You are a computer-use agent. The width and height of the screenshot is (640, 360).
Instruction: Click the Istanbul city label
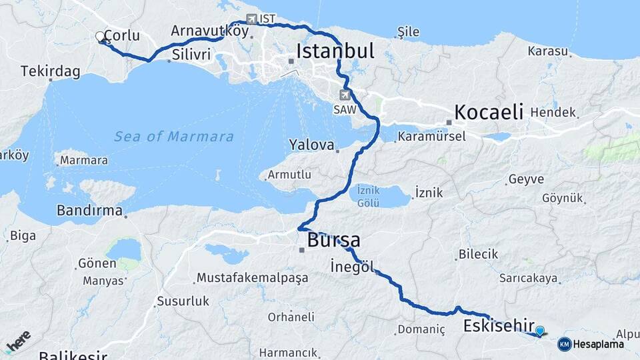point(335,51)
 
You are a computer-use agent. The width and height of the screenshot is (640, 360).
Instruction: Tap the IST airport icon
point(251,19)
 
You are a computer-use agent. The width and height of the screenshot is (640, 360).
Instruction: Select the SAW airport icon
point(345,95)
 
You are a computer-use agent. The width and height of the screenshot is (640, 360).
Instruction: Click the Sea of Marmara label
point(173,137)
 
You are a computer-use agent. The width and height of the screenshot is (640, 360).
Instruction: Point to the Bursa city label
point(333,240)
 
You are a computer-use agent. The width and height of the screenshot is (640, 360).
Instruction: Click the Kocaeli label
point(489,111)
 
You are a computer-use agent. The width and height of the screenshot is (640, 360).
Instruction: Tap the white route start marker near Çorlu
point(100,36)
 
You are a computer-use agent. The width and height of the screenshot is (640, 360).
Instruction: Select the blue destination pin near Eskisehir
point(540,330)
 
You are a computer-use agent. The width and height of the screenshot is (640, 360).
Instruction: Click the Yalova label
point(311,145)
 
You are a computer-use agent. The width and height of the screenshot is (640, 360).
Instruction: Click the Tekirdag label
point(50,71)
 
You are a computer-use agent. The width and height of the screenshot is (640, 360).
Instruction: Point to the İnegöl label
point(351,267)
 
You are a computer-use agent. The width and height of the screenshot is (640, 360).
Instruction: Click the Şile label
point(408,31)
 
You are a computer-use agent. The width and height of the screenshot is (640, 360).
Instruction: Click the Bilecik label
point(478,254)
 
